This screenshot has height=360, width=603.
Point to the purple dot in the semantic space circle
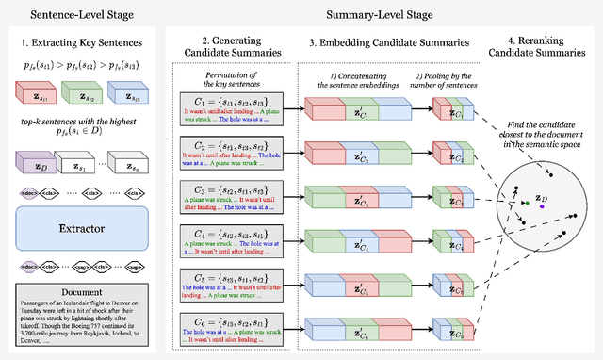(x=555, y=206)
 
